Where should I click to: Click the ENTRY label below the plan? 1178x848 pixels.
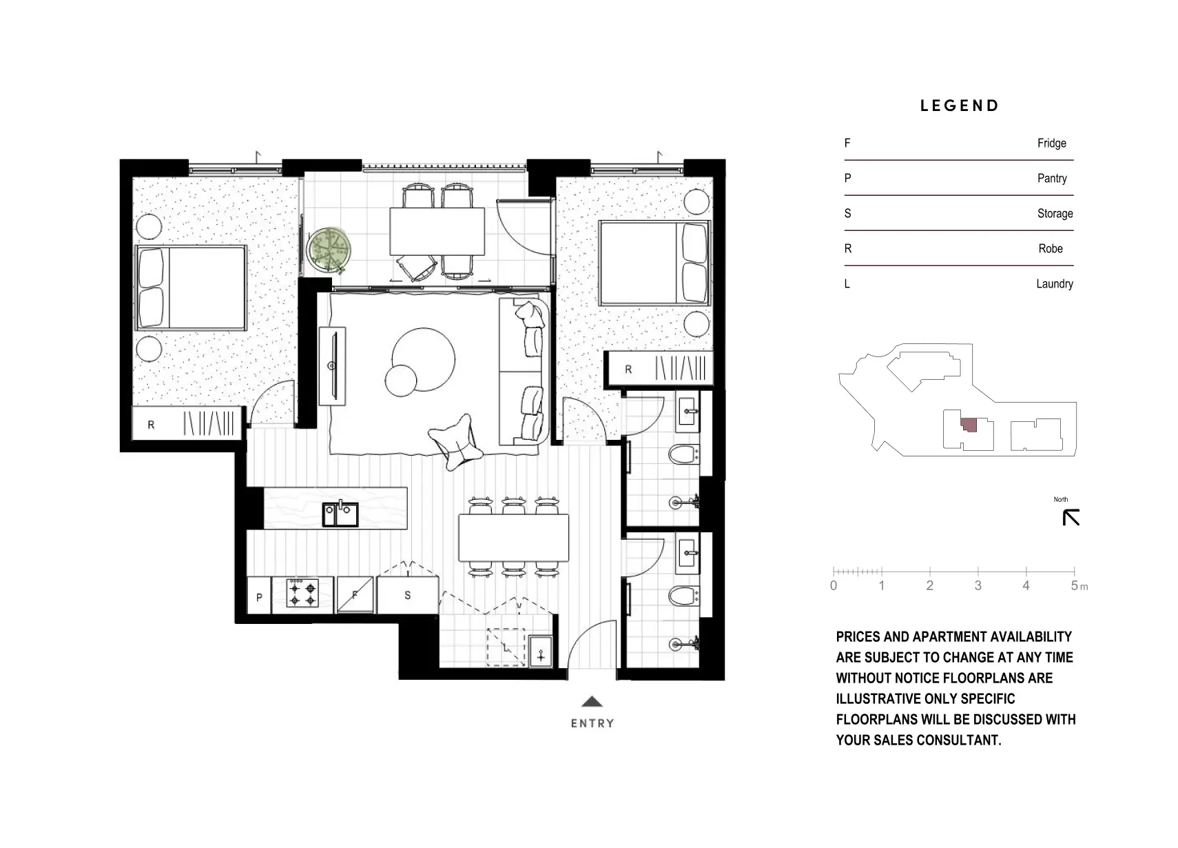592,723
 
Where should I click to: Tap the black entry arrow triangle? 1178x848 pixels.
592,702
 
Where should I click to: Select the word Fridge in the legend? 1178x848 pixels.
1051,143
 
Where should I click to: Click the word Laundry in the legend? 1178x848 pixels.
1054,284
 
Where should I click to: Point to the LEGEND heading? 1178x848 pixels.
960,106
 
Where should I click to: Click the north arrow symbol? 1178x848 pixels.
1071,517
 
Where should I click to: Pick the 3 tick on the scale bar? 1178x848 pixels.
978,585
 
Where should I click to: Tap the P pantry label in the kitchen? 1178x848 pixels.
259,597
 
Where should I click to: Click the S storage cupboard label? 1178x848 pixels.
407,595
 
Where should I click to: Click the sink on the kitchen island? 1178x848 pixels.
340,514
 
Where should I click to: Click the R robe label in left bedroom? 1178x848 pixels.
151,425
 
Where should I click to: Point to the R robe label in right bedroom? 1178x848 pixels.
628,370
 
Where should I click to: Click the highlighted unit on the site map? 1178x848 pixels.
969,425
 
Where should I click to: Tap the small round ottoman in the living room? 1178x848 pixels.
401,380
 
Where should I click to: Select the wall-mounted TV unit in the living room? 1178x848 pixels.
333,366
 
